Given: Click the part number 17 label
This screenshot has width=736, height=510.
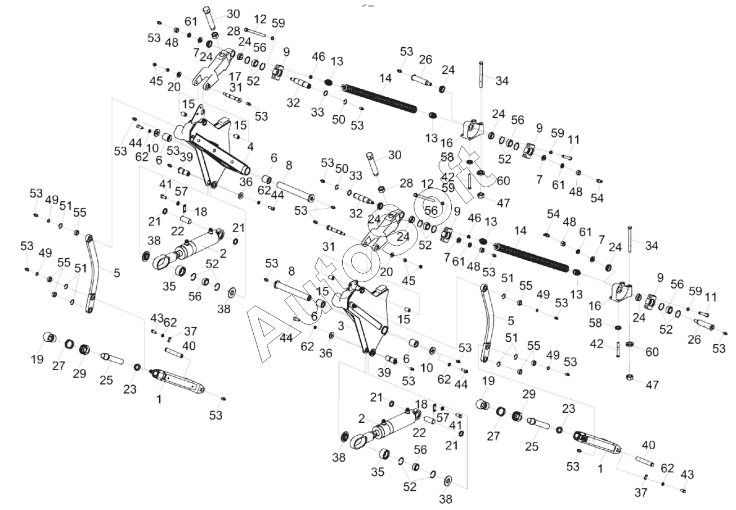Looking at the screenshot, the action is [x=235, y=76].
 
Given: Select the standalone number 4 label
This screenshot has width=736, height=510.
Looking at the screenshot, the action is [x=250, y=147].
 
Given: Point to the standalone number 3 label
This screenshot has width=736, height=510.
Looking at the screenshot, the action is [x=340, y=326].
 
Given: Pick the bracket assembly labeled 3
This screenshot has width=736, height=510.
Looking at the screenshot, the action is [x=360, y=315].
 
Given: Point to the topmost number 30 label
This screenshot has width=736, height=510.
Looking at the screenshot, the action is [x=232, y=14].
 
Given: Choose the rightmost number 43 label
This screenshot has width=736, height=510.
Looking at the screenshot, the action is [x=687, y=475].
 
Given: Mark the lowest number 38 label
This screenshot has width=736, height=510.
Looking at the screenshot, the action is [x=445, y=499].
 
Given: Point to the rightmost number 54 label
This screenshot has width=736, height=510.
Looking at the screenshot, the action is [x=596, y=198].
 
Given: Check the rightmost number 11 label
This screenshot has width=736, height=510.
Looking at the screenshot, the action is [x=711, y=297].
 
